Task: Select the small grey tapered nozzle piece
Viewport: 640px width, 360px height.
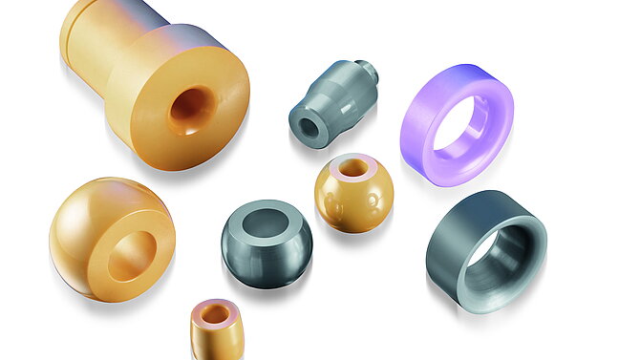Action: tap(330, 100)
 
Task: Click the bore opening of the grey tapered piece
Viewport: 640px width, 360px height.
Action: tap(309, 128)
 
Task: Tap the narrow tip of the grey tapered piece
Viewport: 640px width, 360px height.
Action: tap(367, 72)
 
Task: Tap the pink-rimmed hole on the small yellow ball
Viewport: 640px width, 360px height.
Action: tap(353, 168)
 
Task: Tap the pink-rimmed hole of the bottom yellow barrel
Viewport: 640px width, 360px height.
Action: tap(215, 314)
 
